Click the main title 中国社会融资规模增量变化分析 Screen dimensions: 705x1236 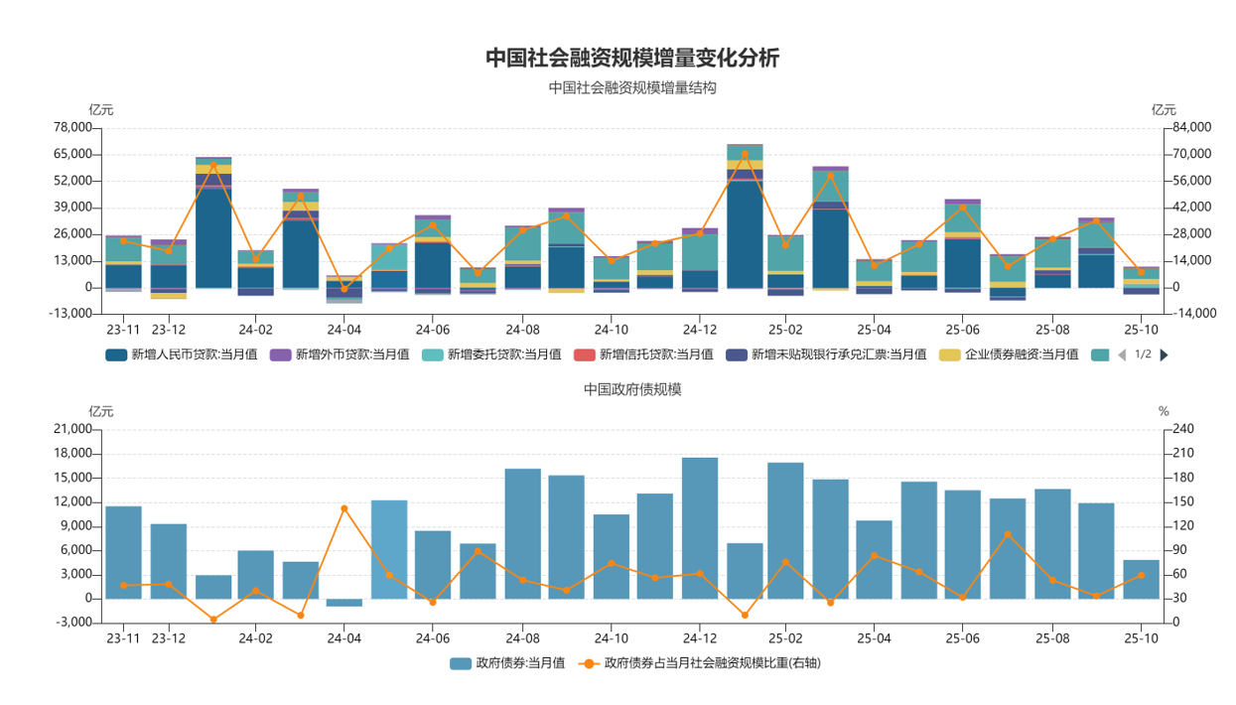point(632,58)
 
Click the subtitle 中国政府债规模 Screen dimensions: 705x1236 point(632,389)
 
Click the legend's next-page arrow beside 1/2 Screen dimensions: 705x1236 point(1165,354)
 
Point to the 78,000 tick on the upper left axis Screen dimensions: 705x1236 point(70,127)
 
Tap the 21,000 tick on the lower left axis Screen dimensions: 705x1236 point(70,429)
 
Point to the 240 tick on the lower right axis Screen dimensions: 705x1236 point(1183,429)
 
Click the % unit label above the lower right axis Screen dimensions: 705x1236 point(1164,411)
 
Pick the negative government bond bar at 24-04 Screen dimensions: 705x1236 point(344,603)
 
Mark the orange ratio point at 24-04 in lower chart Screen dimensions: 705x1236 point(344,508)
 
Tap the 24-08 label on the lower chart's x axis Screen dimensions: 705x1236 point(522,638)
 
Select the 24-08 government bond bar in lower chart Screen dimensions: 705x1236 point(522,533)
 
